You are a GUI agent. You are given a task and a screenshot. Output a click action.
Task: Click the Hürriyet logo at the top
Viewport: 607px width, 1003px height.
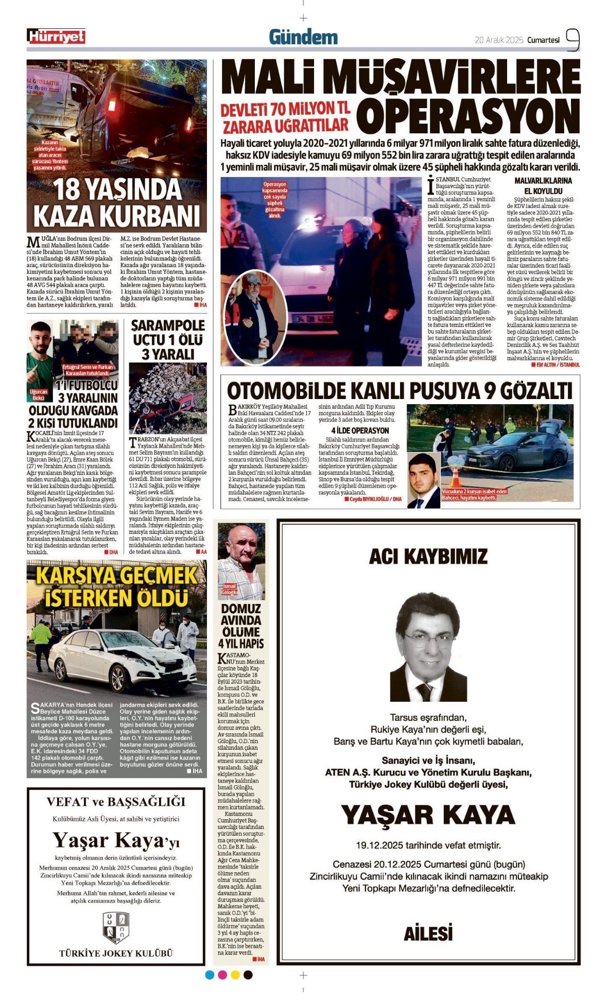click(x=56, y=37)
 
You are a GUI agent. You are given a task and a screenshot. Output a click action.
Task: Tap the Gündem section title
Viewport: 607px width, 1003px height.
click(x=303, y=37)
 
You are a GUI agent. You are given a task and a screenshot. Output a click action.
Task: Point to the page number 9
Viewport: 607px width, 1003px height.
click(x=573, y=39)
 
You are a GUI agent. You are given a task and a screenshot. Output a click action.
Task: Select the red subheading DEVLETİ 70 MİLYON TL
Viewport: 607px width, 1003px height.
click(x=285, y=109)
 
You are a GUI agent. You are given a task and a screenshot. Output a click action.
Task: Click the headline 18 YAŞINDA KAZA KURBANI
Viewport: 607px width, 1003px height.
click(x=117, y=202)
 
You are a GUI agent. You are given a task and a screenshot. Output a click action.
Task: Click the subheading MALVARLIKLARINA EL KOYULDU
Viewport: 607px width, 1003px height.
click(x=543, y=185)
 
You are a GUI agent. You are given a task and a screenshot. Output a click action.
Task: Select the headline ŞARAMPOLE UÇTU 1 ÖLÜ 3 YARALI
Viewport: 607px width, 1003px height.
click(x=168, y=340)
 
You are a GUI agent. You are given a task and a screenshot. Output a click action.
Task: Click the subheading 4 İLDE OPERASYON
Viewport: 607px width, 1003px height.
click(x=360, y=430)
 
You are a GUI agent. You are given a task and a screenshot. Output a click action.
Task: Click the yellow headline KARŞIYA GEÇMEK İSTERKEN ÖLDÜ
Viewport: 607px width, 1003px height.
click(x=116, y=587)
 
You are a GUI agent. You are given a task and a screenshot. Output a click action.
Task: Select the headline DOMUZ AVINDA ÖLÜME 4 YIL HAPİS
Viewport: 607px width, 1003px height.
click(x=241, y=626)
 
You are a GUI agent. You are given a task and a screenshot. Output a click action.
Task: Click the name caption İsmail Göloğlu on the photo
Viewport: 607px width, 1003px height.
click(x=229, y=589)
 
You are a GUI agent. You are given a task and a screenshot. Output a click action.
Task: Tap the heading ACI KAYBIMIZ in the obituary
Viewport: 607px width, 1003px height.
click(x=428, y=557)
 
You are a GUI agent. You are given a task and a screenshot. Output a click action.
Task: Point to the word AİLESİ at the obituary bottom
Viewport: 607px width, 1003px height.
click(x=428, y=933)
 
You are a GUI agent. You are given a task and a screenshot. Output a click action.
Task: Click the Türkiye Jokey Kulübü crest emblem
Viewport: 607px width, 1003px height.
click(x=116, y=927)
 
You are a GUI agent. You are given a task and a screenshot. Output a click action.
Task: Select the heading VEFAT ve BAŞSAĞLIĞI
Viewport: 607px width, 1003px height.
click(x=116, y=802)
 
